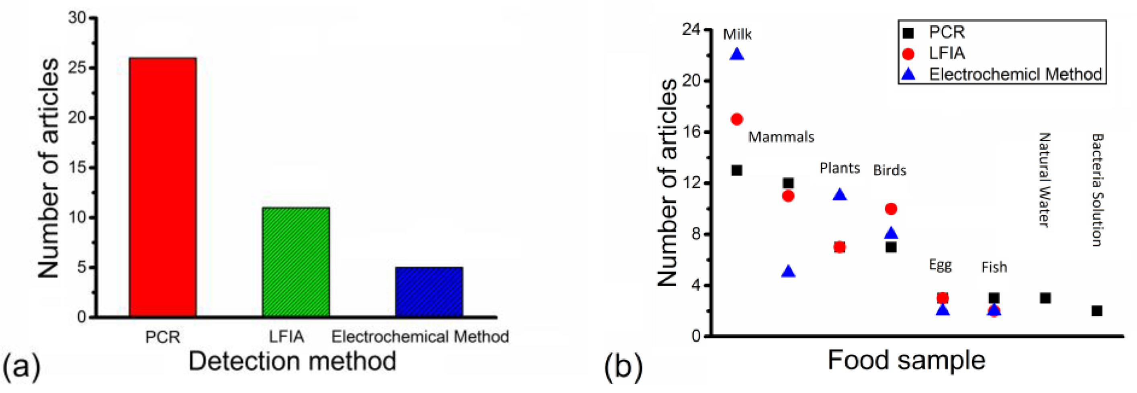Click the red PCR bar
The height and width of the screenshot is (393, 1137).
click(x=162, y=187)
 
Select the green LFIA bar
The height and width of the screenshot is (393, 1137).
click(x=296, y=262)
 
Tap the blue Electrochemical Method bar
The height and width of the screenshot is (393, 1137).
click(x=429, y=291)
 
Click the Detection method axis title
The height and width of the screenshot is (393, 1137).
click(x=292, y=361)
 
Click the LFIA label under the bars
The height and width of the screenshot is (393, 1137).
click(x=286, y=337)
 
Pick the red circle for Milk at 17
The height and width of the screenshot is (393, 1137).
click(x=737, y=119)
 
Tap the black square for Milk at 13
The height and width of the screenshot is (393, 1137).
click(x=737, y=170)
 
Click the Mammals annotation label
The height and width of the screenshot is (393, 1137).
click(x=781, y=137)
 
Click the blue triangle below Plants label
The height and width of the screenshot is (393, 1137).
click(x=840, y=195)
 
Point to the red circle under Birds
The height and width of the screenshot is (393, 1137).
click(x=891, y=209)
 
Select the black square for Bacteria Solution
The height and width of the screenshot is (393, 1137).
click(x=1097, y=311)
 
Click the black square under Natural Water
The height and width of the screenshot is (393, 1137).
click(x=1045, y=298)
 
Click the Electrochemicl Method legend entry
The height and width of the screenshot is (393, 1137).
click(x=1015, y=74)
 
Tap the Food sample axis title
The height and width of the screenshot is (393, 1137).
click(x=906, y=360)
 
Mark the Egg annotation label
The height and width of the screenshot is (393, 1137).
click(x=940, y=265)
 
